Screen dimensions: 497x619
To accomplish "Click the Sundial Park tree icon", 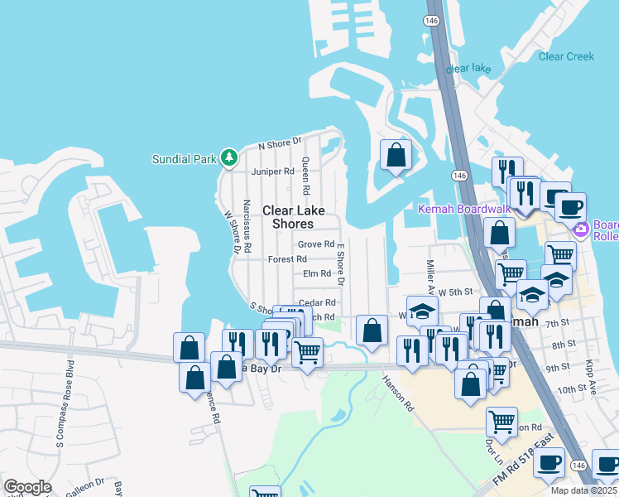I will pos(229,157).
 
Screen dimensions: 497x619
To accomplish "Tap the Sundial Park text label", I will pos(185,158).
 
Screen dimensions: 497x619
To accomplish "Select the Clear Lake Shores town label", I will pos(288,217).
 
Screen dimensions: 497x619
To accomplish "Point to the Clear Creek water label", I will pos(566,56).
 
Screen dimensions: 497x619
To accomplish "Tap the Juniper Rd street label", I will pos(272,171).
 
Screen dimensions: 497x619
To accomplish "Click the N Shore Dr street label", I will pos(280,145).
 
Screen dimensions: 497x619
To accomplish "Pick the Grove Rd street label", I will pos(315,244).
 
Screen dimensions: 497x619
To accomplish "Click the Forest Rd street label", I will pos(287,259).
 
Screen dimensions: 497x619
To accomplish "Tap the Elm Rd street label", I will pos(317,273).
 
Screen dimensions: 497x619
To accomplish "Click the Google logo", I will pos(27,487).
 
